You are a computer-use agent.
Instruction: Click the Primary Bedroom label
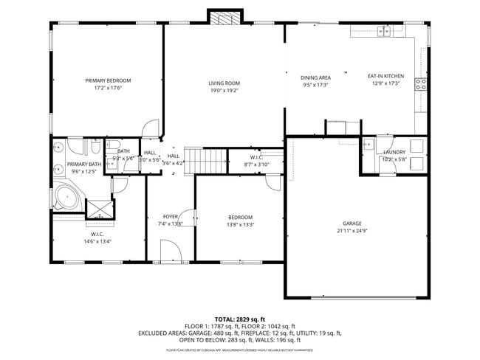(x=108, y=80)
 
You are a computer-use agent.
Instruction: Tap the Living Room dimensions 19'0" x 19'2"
(x=224, y=91)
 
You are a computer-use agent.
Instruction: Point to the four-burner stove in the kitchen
(x=421, y=84)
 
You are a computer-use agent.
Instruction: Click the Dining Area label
(x=315, y=77)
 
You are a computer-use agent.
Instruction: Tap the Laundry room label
(x=394, y=152)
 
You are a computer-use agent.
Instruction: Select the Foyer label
(x=170, y=216)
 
